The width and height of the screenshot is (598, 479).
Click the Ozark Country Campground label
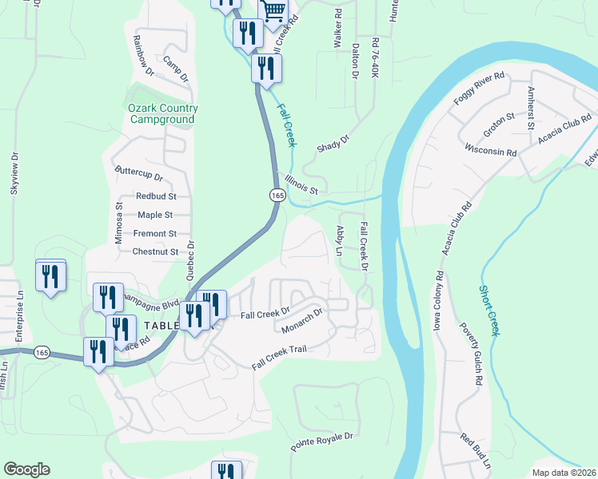pos(161,113)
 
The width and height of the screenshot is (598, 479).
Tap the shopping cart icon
pos(273,10)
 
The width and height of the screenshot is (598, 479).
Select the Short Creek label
pos(489,311)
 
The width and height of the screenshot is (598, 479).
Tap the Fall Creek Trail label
pos(279,357)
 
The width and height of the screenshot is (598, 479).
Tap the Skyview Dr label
pos(14,173)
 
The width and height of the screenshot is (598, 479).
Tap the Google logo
pos(26,469)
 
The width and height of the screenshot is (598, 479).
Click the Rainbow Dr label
pos(144,55)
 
